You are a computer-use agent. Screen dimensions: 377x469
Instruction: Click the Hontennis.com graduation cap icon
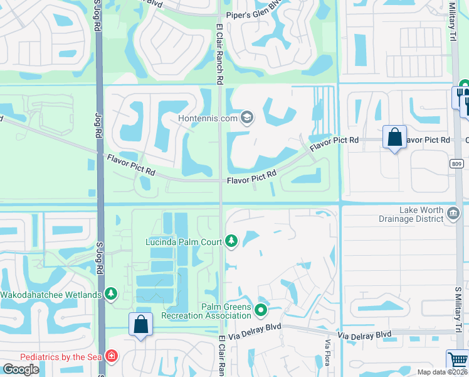(x=248, y=117)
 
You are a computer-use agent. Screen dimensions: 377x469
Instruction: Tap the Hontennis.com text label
(x=208, y=118)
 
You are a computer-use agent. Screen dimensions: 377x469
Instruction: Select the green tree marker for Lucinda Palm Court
(x=231, y=241)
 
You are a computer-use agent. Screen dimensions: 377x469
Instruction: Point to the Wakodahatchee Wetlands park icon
(x=111, y=294)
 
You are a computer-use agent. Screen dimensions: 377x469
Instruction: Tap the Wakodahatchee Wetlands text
(x=51, y=295)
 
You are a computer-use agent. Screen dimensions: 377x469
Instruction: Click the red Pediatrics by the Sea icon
(x=111, y=356)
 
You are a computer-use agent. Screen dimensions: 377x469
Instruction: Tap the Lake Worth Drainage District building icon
(x=451, y=214)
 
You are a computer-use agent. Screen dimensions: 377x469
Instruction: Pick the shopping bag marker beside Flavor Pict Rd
(x=394, y=137)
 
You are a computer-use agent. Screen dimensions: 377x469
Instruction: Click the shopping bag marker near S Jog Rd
(x=140, y=325)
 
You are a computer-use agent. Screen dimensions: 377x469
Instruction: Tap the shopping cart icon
(x=458, y=360)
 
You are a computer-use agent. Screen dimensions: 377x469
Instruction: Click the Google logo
(x=21, y=369)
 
